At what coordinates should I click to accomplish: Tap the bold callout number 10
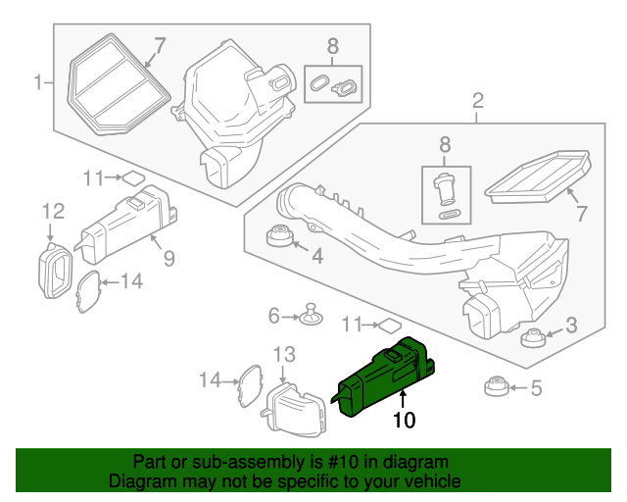404,421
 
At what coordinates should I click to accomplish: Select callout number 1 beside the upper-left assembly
39,82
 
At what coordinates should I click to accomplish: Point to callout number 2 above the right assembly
477,100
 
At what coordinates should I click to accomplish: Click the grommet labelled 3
533,339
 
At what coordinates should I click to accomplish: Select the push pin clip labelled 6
313,316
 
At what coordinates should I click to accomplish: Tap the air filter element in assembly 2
540,176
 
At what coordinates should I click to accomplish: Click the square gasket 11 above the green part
389,324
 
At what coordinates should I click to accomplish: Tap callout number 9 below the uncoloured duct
169,259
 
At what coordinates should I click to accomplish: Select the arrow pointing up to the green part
403,398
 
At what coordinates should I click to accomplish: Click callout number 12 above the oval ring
52,211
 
